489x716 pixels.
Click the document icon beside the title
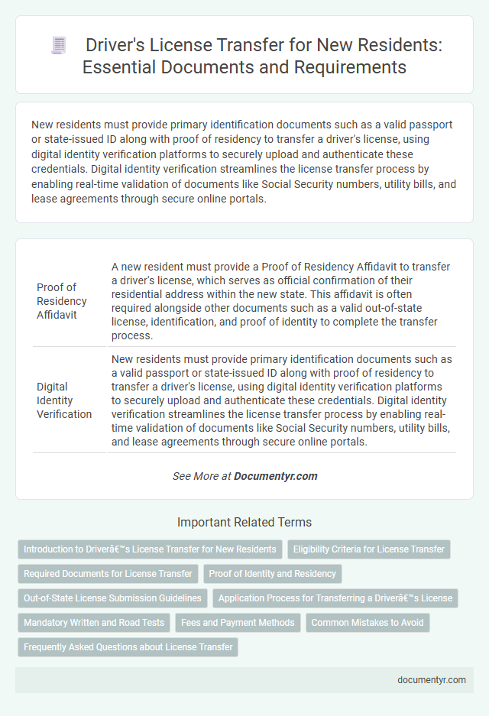coord(59,46)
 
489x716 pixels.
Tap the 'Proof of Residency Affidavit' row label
coord(57,301)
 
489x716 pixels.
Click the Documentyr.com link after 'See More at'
coord(275,475)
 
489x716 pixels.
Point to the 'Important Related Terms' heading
coord(244,523)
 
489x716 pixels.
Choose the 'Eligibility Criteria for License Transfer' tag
coord(368,549)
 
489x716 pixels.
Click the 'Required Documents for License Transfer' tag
coord(108,573)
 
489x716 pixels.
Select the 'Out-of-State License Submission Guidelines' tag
coord(112,598)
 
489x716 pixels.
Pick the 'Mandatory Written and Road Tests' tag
coord(94,622)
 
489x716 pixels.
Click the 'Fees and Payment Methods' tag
coord(238,622)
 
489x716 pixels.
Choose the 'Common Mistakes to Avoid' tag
coord(368,622)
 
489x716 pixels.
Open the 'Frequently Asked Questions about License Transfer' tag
coord(128,646)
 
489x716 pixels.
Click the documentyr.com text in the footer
coord(432,679)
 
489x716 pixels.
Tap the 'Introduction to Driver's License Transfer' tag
coord(150,549)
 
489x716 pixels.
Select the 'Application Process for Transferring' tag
coord(335,598)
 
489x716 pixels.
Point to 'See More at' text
coord(202,475)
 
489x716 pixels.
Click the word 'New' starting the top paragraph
coord(44,124)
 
